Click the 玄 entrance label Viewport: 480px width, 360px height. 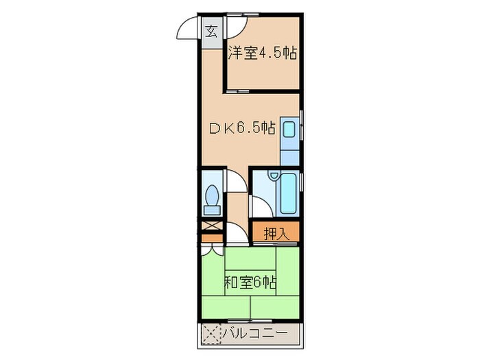tap(212, 31)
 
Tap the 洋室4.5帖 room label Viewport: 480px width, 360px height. tap(262, 53)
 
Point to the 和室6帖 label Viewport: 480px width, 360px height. tap(250, 282)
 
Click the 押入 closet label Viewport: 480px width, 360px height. tap(276, 232)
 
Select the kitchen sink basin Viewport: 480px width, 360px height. tap(289, 128)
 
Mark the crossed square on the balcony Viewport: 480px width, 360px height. tap(212, 335)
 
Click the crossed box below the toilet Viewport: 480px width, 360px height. tap(211, 226)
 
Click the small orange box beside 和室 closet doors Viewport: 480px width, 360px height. tap(211, 239)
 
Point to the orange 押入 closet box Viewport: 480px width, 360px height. tap(276, 232)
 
